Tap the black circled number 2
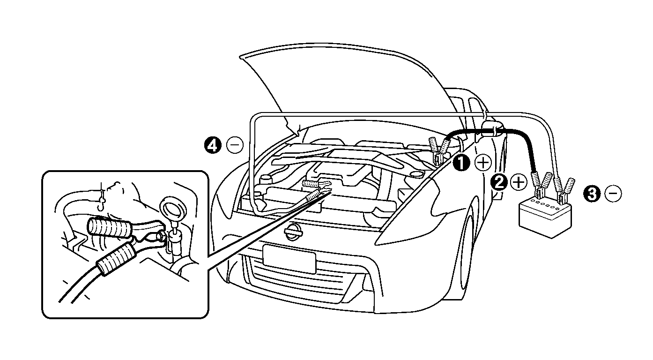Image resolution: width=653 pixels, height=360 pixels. click(499, 182)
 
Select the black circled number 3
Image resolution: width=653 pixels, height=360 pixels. click(593, 193)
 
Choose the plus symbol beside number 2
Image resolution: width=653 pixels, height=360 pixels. click(519, 182)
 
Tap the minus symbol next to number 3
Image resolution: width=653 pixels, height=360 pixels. click(613, 193)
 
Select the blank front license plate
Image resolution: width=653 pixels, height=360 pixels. click(289, 259)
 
